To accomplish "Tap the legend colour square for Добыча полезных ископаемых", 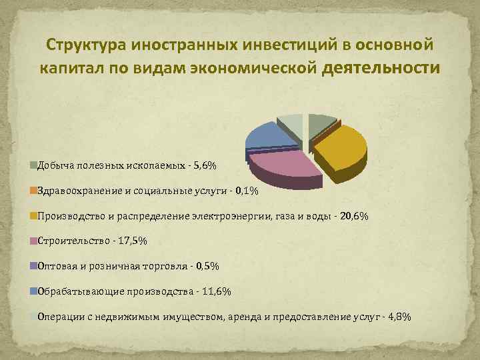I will click(33, 165).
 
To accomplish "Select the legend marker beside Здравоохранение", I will click(33, 191).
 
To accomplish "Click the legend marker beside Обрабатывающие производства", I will click(33, 291).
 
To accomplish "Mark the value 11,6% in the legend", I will click(217, 292).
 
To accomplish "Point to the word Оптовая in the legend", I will click(57, 267).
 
